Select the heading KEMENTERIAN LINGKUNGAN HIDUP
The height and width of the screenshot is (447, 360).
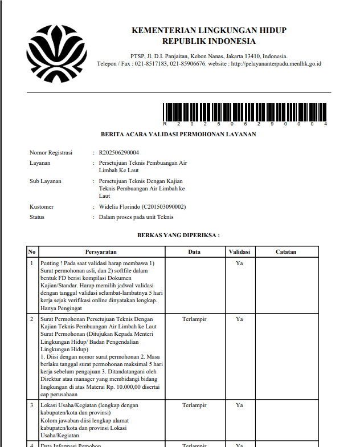pos(209,30)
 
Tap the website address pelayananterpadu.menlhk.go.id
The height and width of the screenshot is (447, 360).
pos(276,63)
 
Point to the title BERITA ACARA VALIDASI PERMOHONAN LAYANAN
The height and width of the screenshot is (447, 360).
pos(178,135)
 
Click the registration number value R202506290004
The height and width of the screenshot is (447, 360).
pos(119,153)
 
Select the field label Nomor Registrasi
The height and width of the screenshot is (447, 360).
pos(51,153)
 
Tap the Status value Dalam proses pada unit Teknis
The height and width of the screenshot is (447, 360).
pos(136,217)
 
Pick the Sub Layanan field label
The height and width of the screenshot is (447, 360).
pos(46,181)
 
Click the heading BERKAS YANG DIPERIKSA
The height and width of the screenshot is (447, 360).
pos(178,234)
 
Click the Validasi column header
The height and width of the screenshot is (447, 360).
pos(239,251)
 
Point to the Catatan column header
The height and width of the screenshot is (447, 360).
pos(286,251)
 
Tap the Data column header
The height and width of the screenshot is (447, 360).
pos(194,251)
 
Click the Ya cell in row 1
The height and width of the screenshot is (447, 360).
pos(239,263)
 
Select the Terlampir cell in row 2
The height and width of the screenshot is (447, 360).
pos(194,319)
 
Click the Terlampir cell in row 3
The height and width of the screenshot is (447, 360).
pos(194,405)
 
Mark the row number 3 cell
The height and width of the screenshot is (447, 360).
pos(32,405)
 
